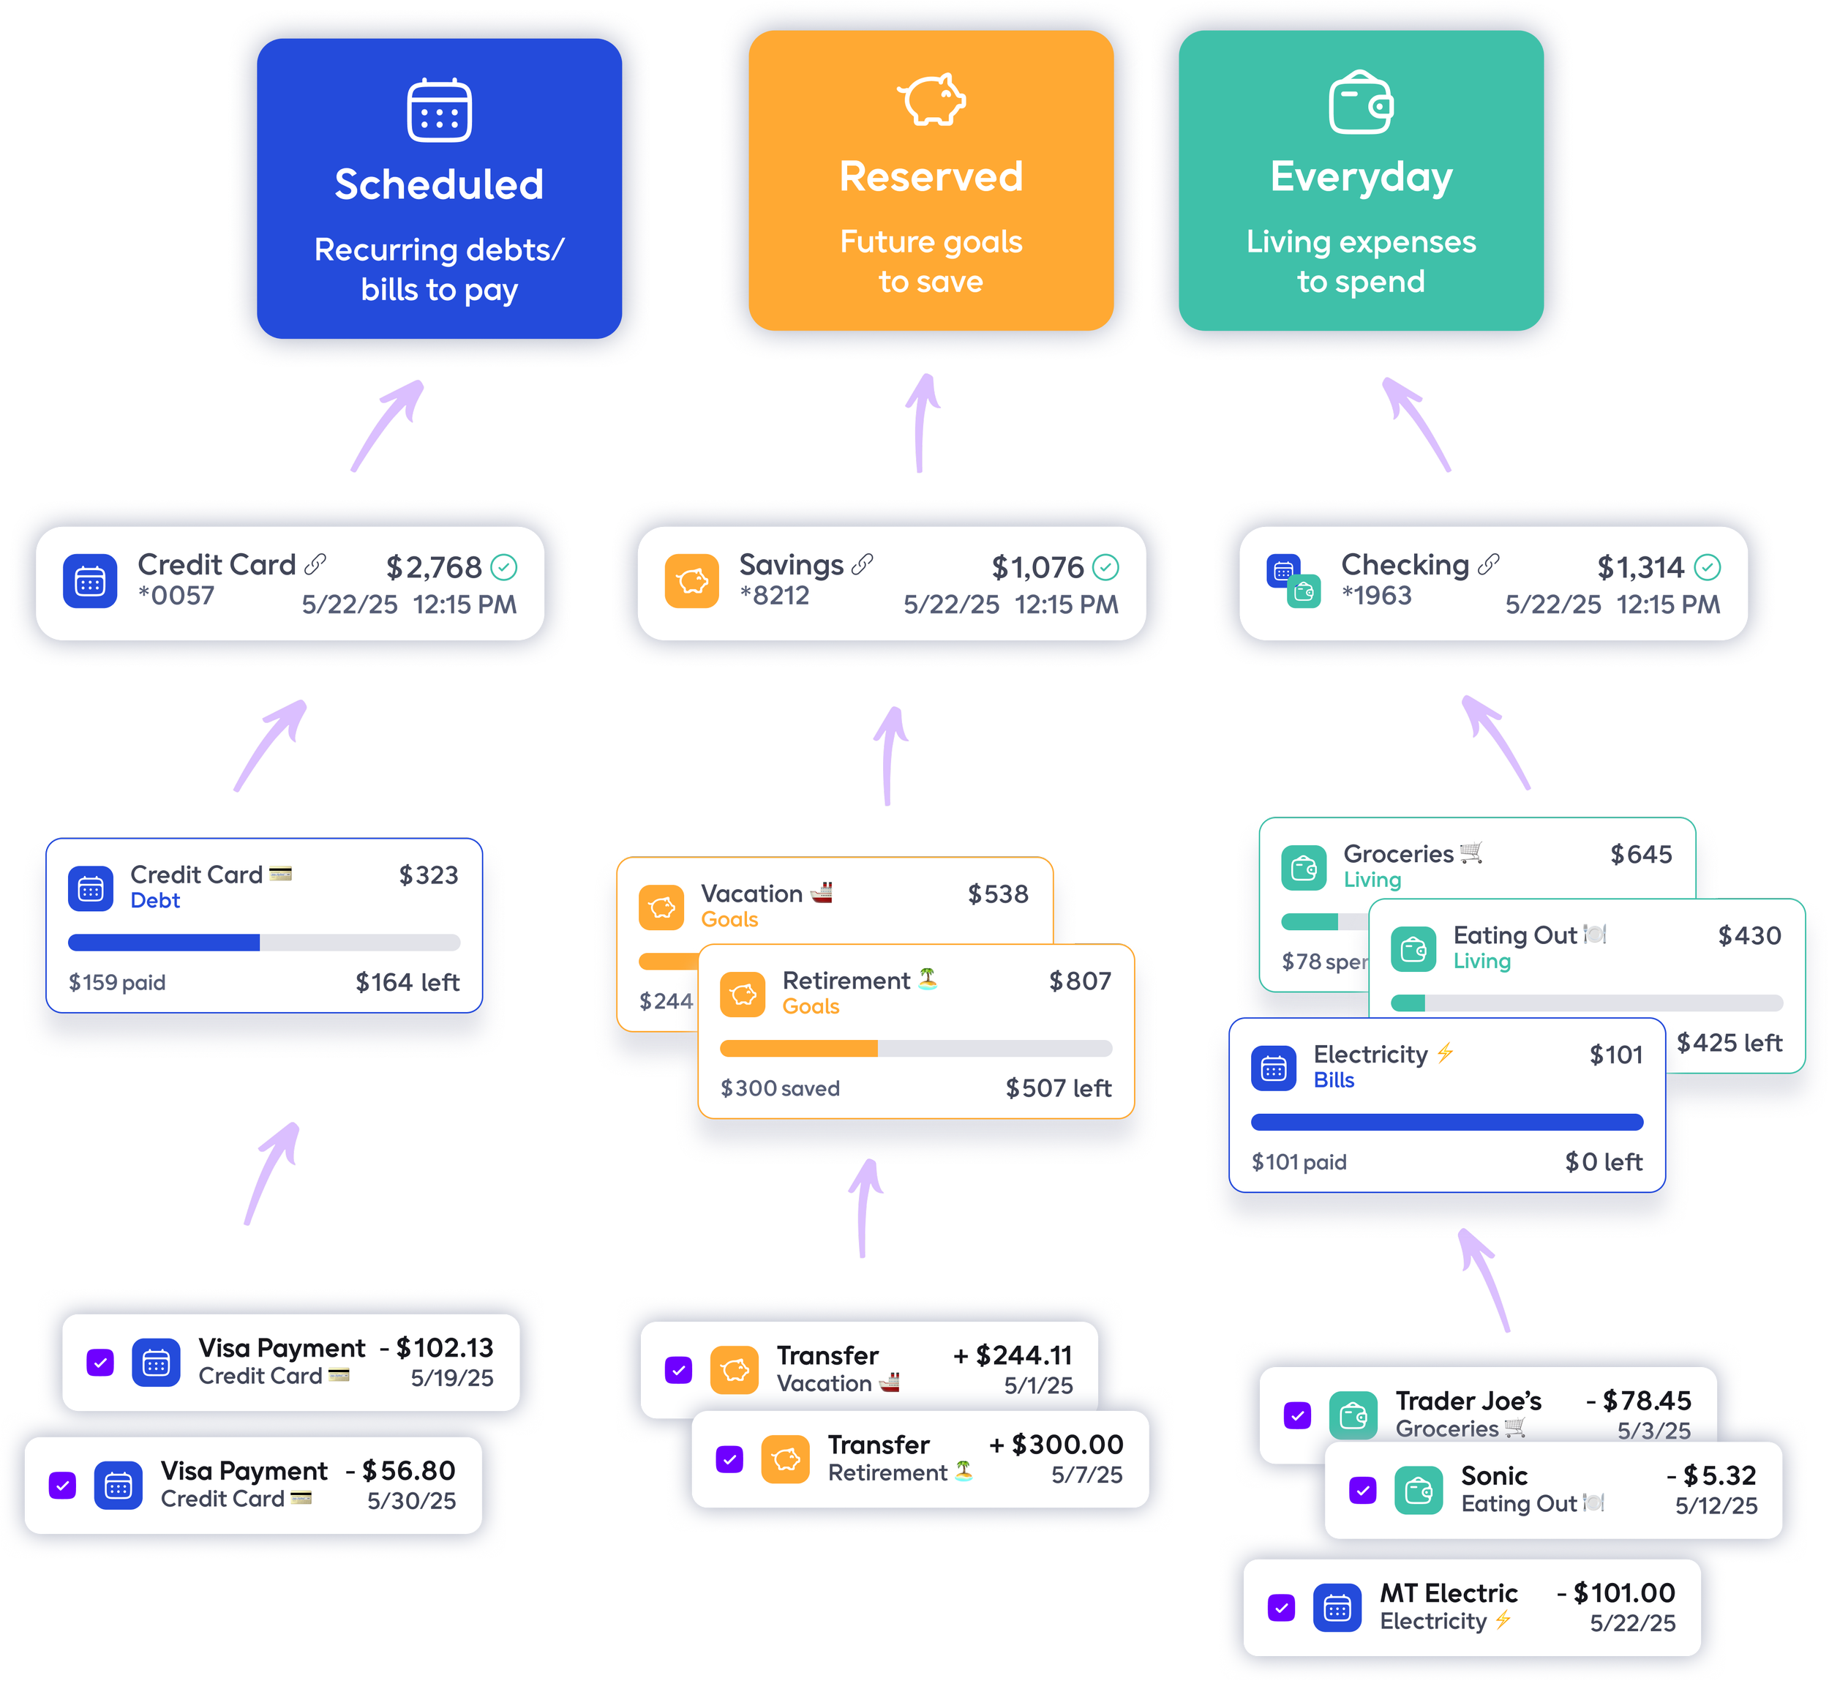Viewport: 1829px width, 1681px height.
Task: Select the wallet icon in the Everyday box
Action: pyautogui.click(x=1361, y=102)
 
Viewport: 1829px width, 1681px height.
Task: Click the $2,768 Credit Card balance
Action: pyautogui.click(x=434, y=568)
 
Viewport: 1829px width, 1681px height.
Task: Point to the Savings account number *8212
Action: pyautogui.click(x=774, y=596)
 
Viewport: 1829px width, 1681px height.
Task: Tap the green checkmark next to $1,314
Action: pyautogui.click(x=1707, y=568)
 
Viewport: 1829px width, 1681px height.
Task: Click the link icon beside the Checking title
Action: pyautogui.click(x=1488, y=565)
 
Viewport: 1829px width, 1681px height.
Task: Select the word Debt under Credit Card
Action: pyautogui.click(x=156, y=901)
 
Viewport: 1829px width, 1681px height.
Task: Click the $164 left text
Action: pyautogui.click(x=408, y=982)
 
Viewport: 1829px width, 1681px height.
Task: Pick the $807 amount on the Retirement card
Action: pyautogui.click(x=1080, y=981)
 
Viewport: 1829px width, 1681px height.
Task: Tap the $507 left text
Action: pyautogui.click(x=1059, y=1088)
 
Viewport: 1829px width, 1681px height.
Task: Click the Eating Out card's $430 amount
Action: pyautogui.click(x=1749, y=935)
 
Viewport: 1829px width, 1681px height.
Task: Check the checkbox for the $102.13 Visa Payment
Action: pyautogui.click(x=100, y=1363)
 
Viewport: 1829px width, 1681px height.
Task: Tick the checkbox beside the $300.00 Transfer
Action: pyautogui.click(x=729, y=1459)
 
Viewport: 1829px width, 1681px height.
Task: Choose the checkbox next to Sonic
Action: pyautogui.click(x=1362, y=1490)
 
